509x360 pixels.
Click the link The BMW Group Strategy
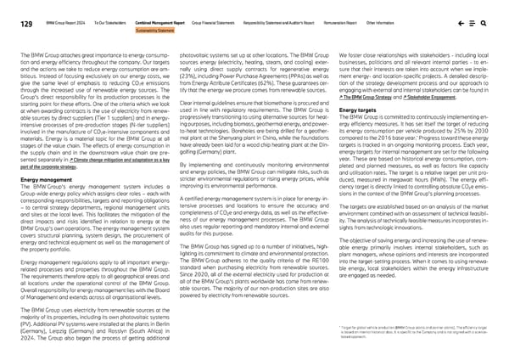coord(368,98)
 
